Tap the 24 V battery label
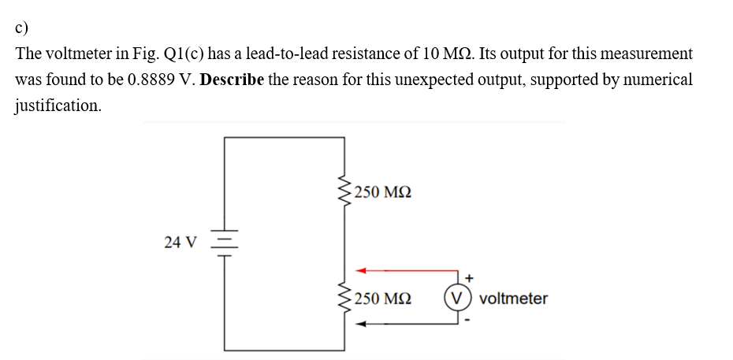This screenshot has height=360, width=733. click(x=181, y=243)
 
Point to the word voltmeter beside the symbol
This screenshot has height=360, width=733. click(x=512, y=299)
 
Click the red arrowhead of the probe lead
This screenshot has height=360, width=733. click(x=361, y=271)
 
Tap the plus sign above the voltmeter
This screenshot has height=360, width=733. click(x=469, y=278)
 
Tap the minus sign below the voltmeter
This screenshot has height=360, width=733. click(x=469, y=320)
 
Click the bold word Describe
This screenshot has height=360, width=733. click(x=233, y=80)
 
